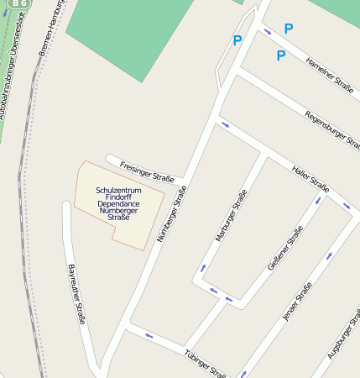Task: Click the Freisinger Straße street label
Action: (x=147, y=171)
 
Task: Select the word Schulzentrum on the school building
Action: (x=118, y=191)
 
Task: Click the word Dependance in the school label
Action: (x=118, y=204)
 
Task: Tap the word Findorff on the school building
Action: (x=118, y=197)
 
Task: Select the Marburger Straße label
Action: (x=231, y=216)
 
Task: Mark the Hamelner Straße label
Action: (x=328, y=73)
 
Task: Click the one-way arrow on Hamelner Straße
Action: (x=268, y=33)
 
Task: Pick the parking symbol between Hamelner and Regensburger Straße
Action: (x=280, y=56)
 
